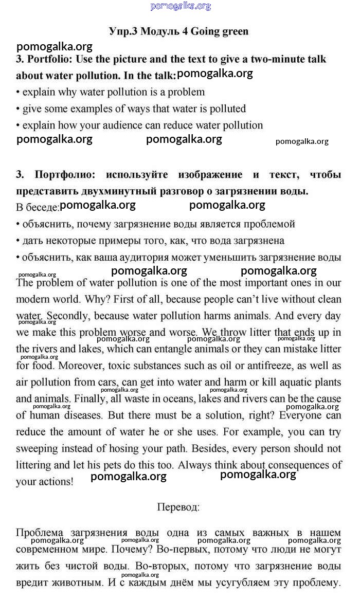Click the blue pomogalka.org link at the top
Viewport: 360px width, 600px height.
coord(181,6)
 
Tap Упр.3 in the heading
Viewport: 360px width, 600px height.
coord(123,31)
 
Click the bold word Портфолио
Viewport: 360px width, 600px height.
coord(61,175)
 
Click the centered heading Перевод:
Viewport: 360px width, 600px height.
coord(178,506)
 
